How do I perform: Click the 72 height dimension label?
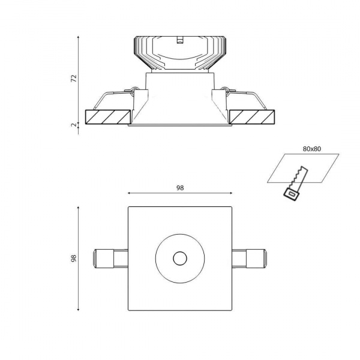(x=73, y=79)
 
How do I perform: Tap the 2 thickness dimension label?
(x=73, y=125)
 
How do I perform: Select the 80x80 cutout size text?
(x=312, y=149)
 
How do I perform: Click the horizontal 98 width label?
(x=180, y=188)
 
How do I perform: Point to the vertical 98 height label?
(x=73, y=258)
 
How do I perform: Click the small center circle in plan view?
(x=180, y=258)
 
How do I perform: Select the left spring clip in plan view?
(x=110, y=259)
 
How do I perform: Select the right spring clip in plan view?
(x=250, y=259)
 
